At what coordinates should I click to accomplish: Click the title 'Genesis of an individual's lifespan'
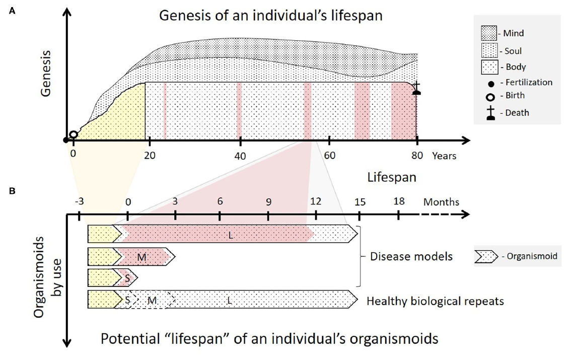click(x=270, y=15)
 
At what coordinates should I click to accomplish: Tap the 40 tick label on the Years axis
click(x=240, y=156)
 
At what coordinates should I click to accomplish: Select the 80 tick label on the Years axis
click(x=416, y=156)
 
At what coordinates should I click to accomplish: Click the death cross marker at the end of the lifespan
click(x=416, y=88)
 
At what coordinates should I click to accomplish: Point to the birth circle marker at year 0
click(x=74, y=134)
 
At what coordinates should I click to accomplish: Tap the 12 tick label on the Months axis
click(x=316, y=201)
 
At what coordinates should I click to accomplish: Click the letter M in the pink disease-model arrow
click(x=141, y=257)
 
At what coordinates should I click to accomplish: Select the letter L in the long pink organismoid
click(x=231, y=235)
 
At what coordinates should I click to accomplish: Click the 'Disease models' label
click(x=411, y=257)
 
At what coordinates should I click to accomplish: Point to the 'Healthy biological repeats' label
click(x=435, y=301)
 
